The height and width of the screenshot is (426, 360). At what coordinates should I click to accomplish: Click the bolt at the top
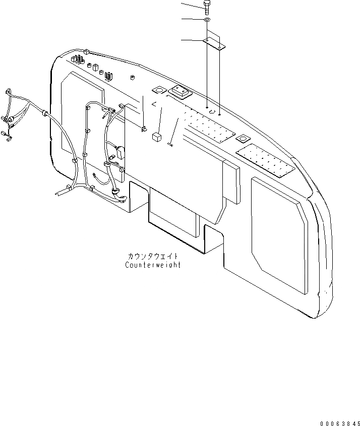(x=207, y=6)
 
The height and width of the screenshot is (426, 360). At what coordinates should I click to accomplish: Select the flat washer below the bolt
(x=207, y=20)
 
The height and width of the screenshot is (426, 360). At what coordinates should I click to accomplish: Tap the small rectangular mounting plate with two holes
(x=215, y=44)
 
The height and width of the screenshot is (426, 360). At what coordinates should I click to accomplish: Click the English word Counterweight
(x=153, y=265)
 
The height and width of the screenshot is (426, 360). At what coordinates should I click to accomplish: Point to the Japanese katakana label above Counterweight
(x=153, y=256)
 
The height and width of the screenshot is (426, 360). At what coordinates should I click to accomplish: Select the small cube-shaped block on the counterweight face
(x=156, y=137)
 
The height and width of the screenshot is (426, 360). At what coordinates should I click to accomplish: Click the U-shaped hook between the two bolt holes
(x=213, y=112)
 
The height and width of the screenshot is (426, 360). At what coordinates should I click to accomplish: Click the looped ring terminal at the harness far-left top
(x=7, y=92)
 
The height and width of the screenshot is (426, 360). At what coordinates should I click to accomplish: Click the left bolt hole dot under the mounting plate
(x=207, y=107)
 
